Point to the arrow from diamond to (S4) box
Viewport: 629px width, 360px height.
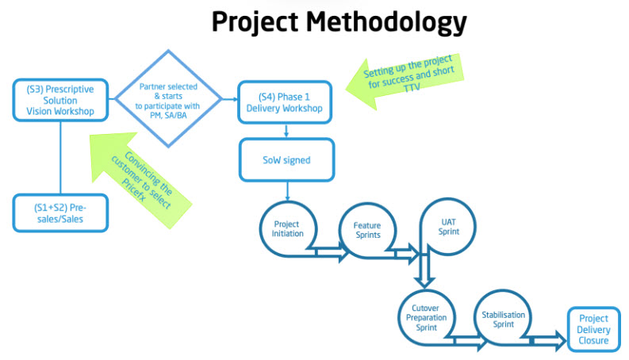click(x=228, y=99)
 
